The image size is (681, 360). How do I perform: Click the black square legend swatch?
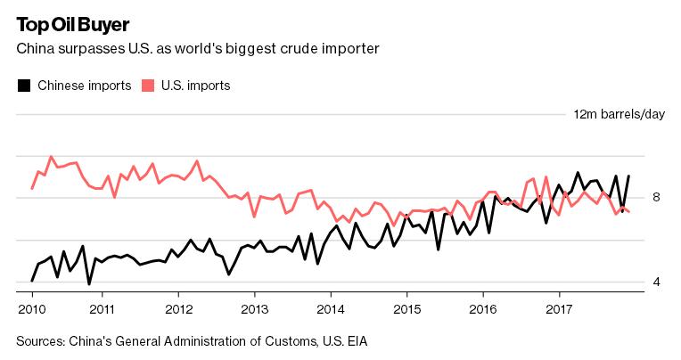(25, 86)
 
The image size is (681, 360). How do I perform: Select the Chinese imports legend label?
(85, 86)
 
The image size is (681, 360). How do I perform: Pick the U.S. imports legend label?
(196, 86)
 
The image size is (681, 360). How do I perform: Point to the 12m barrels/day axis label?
(619, 114)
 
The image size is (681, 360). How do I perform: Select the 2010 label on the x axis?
(31, 309)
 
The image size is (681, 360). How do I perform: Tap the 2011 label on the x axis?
(103, 309)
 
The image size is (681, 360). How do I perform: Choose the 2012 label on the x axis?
(178, 309)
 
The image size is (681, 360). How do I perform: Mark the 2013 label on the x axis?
(255, 309)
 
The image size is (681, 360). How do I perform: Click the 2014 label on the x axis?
(331, 309)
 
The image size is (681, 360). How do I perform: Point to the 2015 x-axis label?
(407, 309)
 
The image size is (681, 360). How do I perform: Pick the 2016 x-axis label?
(483, 309)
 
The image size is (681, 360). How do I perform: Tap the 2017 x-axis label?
(559, 309)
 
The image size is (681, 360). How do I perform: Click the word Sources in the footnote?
(44, 340)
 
